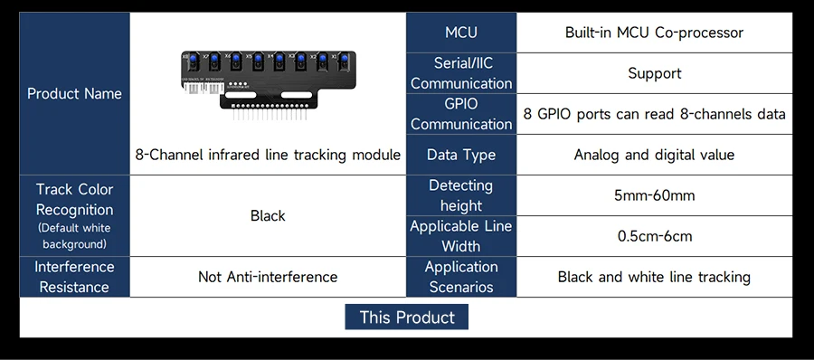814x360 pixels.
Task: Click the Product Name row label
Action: tap(74, 93)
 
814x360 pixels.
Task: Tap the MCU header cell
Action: tap(461, 33)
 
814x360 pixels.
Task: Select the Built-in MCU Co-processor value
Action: tap(654, 33)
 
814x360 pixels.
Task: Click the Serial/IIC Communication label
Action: tap(461, 73)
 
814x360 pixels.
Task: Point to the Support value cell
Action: tap(654, 73)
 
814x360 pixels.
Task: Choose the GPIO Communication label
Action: tap(461, 114)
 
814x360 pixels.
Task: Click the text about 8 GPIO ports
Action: tap(654, 114)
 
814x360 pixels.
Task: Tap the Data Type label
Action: tap(461, 155)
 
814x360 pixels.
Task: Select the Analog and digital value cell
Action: tap(654, 155)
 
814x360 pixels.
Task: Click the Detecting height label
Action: tap(461, 195)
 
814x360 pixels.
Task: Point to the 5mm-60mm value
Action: tap(654, 195)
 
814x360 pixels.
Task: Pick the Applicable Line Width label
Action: tap(461, 236)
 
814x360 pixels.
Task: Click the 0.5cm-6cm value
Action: tap(654, 236)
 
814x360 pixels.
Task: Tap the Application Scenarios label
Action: tap(461, 277)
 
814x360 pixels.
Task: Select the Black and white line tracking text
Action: tap(654, 277)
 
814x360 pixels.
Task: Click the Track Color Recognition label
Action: tap(74, 215)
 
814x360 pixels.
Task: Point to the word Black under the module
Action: tap(268, 215)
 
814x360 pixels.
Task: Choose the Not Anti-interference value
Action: tap(268, 277)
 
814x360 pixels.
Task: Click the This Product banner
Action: tap(406, 317)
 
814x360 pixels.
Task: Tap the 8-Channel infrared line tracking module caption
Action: tap(268, 155)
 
